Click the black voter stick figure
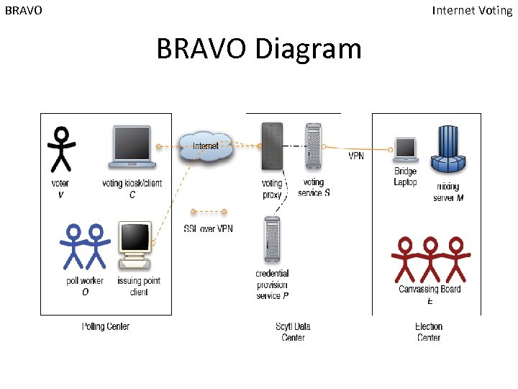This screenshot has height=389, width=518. (x=61, y=148)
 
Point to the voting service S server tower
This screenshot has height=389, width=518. (x=313, y=149)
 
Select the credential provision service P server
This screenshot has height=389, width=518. (x=272, y=241)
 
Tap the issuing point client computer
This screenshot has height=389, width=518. (x=135, y=246)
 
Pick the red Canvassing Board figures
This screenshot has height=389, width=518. (x=430, y=258)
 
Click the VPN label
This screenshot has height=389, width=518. (x=357, y=156)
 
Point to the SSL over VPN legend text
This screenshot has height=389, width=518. (x=209, y=229)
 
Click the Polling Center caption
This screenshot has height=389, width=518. (x=106, y=326)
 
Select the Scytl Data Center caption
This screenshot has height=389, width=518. (x=294, y=332)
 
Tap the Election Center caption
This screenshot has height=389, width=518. (x=429, y=332)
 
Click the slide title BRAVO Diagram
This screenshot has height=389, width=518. (x=259, y=49)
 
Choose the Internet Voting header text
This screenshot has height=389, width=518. (x=472, y=10)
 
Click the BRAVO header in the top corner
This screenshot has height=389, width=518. (x=23, y=11)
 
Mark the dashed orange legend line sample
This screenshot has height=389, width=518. (x=208, y=212)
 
